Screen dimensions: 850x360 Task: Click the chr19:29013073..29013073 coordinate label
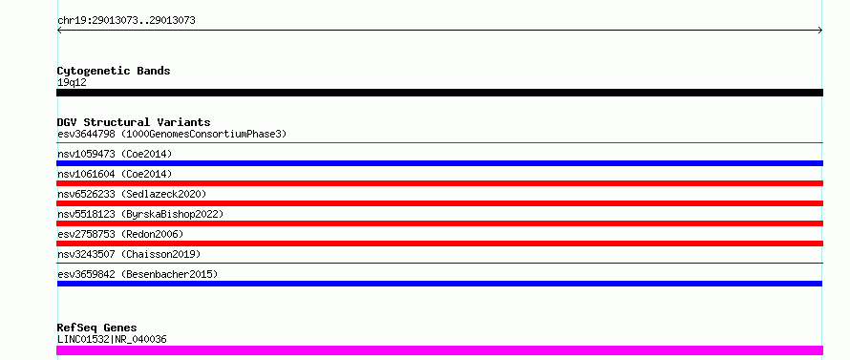(126, 21)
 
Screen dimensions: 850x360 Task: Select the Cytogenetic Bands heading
(114, 71)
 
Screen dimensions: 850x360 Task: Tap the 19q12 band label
(72, 83)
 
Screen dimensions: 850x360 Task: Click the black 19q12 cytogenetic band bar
(439, 93)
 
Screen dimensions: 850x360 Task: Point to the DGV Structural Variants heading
(134, 122)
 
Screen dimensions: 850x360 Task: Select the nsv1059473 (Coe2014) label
(115, 154)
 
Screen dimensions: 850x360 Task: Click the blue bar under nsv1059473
(439, 163)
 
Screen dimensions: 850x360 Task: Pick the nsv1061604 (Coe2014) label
(115, 174)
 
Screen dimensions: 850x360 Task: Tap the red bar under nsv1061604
(439, 183)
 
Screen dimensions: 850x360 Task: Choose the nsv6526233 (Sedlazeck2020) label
(132, 194)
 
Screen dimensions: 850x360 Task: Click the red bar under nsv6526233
(439, 203)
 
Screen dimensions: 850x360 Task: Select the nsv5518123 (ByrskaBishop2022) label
(140, 214)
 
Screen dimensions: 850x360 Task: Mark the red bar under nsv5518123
(439, 223)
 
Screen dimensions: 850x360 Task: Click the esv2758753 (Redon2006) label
(120, 234)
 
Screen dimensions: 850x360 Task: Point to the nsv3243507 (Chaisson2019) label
(129, 254)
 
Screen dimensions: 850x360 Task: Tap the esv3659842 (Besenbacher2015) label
(138, 274)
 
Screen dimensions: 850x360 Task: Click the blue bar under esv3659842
(439, 284)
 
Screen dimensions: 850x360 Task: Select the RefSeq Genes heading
(96, 328)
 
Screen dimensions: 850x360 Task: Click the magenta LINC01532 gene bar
(439, 350)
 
